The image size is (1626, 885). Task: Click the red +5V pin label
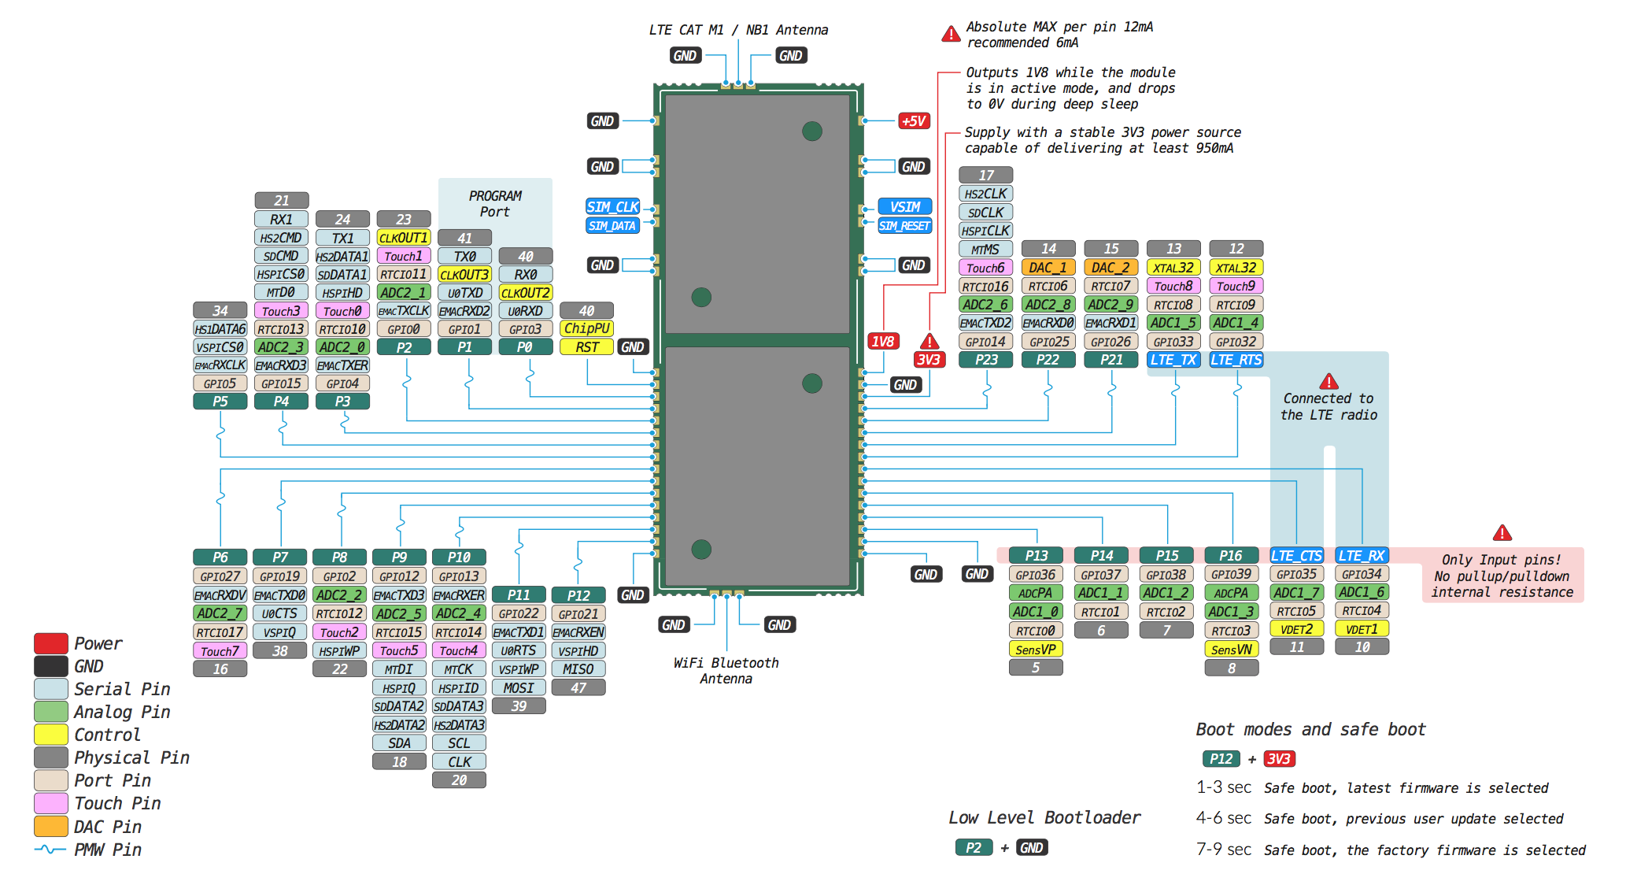914,121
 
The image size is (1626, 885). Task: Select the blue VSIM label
905,207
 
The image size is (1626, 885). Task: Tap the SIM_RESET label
904,226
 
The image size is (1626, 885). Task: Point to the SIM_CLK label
612,207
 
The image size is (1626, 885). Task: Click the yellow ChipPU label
586,329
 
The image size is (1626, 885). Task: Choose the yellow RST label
586,347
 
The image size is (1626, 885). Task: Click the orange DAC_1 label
1048,268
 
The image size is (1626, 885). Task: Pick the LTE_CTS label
1296,556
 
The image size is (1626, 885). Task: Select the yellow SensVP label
1035,650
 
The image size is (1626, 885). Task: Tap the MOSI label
519,688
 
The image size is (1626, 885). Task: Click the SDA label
399,743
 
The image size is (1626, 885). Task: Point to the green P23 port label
985,360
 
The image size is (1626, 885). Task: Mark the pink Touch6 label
985,268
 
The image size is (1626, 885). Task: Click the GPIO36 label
1035,576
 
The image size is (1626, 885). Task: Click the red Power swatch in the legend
50,643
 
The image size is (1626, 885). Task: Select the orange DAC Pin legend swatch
50,827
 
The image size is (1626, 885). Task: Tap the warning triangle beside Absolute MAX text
951,34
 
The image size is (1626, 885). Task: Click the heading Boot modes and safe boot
1310,730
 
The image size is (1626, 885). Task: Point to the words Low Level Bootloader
1044,818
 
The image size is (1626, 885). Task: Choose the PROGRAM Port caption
495,204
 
